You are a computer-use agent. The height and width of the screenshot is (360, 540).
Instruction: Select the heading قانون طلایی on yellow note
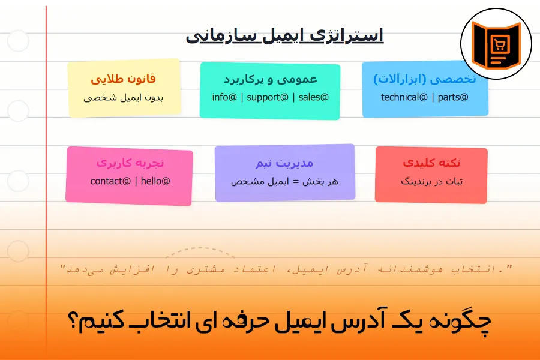(x=123, y=79)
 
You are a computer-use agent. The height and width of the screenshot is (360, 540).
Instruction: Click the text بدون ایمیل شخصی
(x=123, y=97)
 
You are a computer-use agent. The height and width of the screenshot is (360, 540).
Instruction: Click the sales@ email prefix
(x=314, y=97)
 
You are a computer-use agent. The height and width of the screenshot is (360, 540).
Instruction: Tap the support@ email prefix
(x=270, y=97)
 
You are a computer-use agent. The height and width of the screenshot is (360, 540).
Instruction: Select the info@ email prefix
(x=225, y=97)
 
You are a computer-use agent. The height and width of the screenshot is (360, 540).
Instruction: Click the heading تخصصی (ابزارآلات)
(x=425, y=79)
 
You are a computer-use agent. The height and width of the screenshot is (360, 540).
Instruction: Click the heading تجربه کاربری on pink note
(x=130, y=163)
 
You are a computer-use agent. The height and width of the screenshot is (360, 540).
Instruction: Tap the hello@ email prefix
(x=155, y=181)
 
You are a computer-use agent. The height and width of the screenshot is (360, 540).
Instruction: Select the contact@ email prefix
(x=110, y=181)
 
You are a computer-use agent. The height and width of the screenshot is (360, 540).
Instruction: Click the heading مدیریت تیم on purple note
(x=284, y=163)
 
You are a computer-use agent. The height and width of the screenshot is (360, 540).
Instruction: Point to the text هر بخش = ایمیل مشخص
(x=284, y=181)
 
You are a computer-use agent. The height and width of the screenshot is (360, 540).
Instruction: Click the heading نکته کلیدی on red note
(x=431, y=163)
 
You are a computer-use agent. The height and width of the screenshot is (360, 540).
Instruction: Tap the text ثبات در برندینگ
(x=431, y=181)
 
